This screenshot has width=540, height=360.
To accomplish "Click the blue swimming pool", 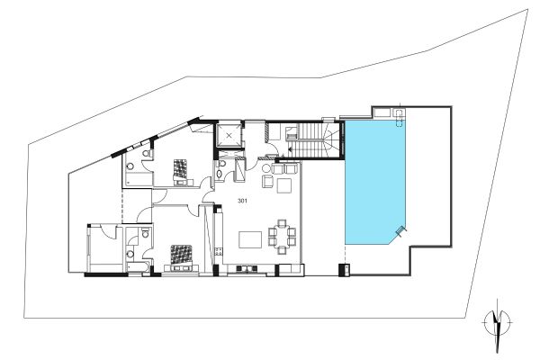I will (x=375, y=184).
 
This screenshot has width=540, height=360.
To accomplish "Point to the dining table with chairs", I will (x=283, y=237).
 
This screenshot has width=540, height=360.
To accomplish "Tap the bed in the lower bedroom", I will (x=182, y=255).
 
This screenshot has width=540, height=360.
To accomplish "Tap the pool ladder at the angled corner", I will (x=400, y=232).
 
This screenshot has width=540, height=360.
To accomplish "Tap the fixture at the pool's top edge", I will (x=397, y=112).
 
